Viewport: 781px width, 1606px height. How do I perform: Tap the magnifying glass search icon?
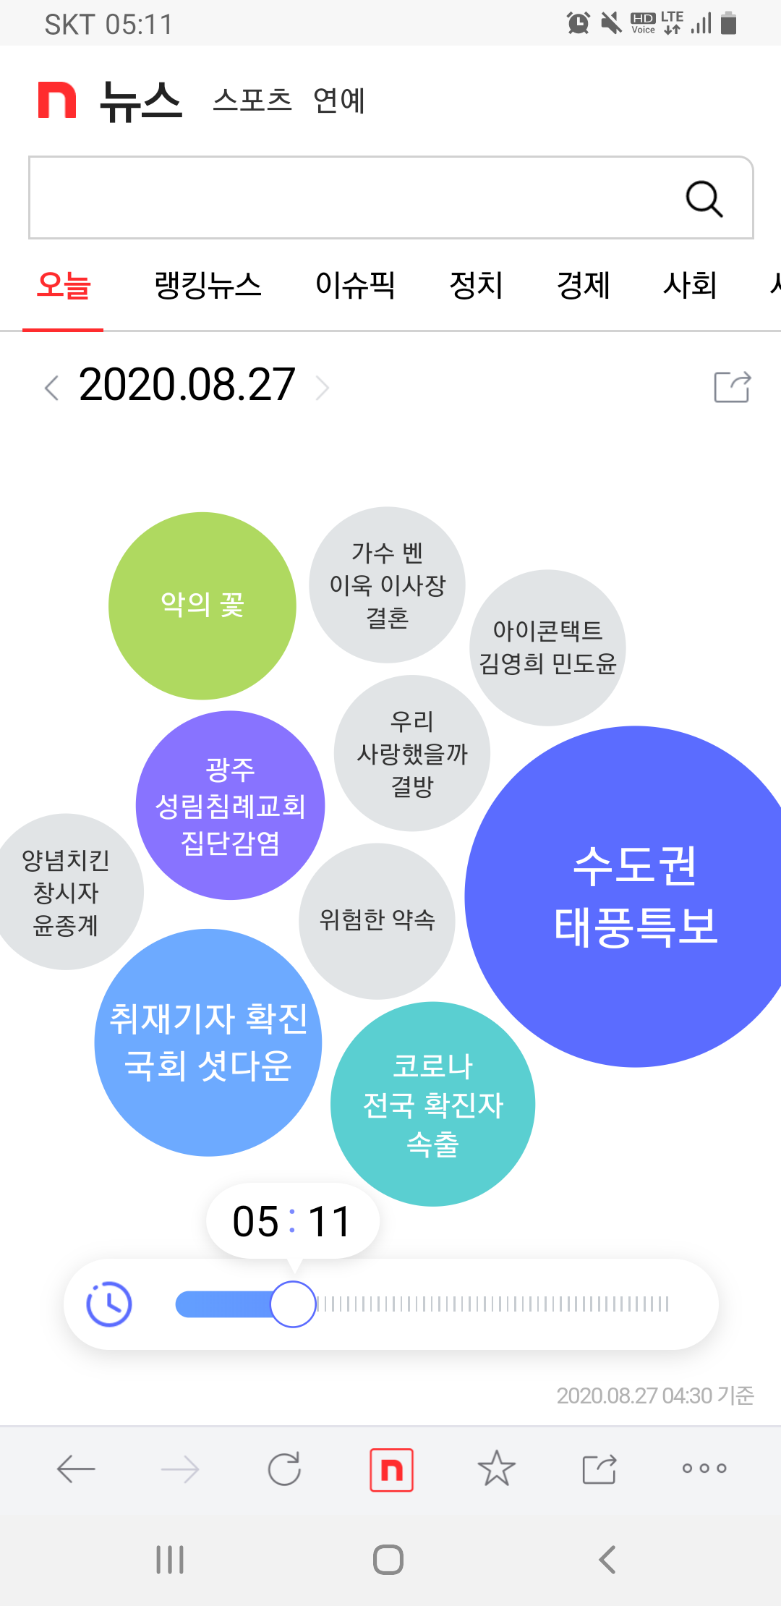pos(704,198)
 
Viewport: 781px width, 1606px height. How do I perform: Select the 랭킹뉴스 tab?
pos(208,285)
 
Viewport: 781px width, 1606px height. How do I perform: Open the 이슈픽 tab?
pos(355,285)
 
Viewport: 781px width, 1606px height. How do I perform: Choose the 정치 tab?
pos(476,285)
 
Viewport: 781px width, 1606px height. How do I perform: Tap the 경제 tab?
pos(583,285)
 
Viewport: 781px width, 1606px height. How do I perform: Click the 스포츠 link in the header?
pos(252,100)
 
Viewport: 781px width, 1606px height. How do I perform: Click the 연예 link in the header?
pos(338,100)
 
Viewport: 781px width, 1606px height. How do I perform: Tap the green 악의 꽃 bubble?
pos(202,606)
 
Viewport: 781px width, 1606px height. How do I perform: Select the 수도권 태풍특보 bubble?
pos(635,896)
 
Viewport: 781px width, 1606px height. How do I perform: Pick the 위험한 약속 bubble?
pos(377,921)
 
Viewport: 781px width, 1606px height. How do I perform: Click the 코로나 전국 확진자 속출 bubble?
pos(432,1104)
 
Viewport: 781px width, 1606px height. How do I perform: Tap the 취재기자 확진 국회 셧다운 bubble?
pos(208,1042)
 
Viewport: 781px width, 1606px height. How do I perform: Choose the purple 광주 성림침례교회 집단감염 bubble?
pos(230,805)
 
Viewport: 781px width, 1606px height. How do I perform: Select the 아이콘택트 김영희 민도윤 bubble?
pos(547,647)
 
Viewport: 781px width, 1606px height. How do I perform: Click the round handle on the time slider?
pos(293,1304)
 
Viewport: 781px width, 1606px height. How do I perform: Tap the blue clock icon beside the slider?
pos(109,1304)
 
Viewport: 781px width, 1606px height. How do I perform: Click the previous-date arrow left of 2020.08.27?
pos(51,388)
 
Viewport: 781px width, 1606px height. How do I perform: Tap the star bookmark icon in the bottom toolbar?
pos(497,1469)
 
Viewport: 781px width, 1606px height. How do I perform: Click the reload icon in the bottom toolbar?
pos(284,1469)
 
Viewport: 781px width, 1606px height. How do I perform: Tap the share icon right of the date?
pos(732,387)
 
